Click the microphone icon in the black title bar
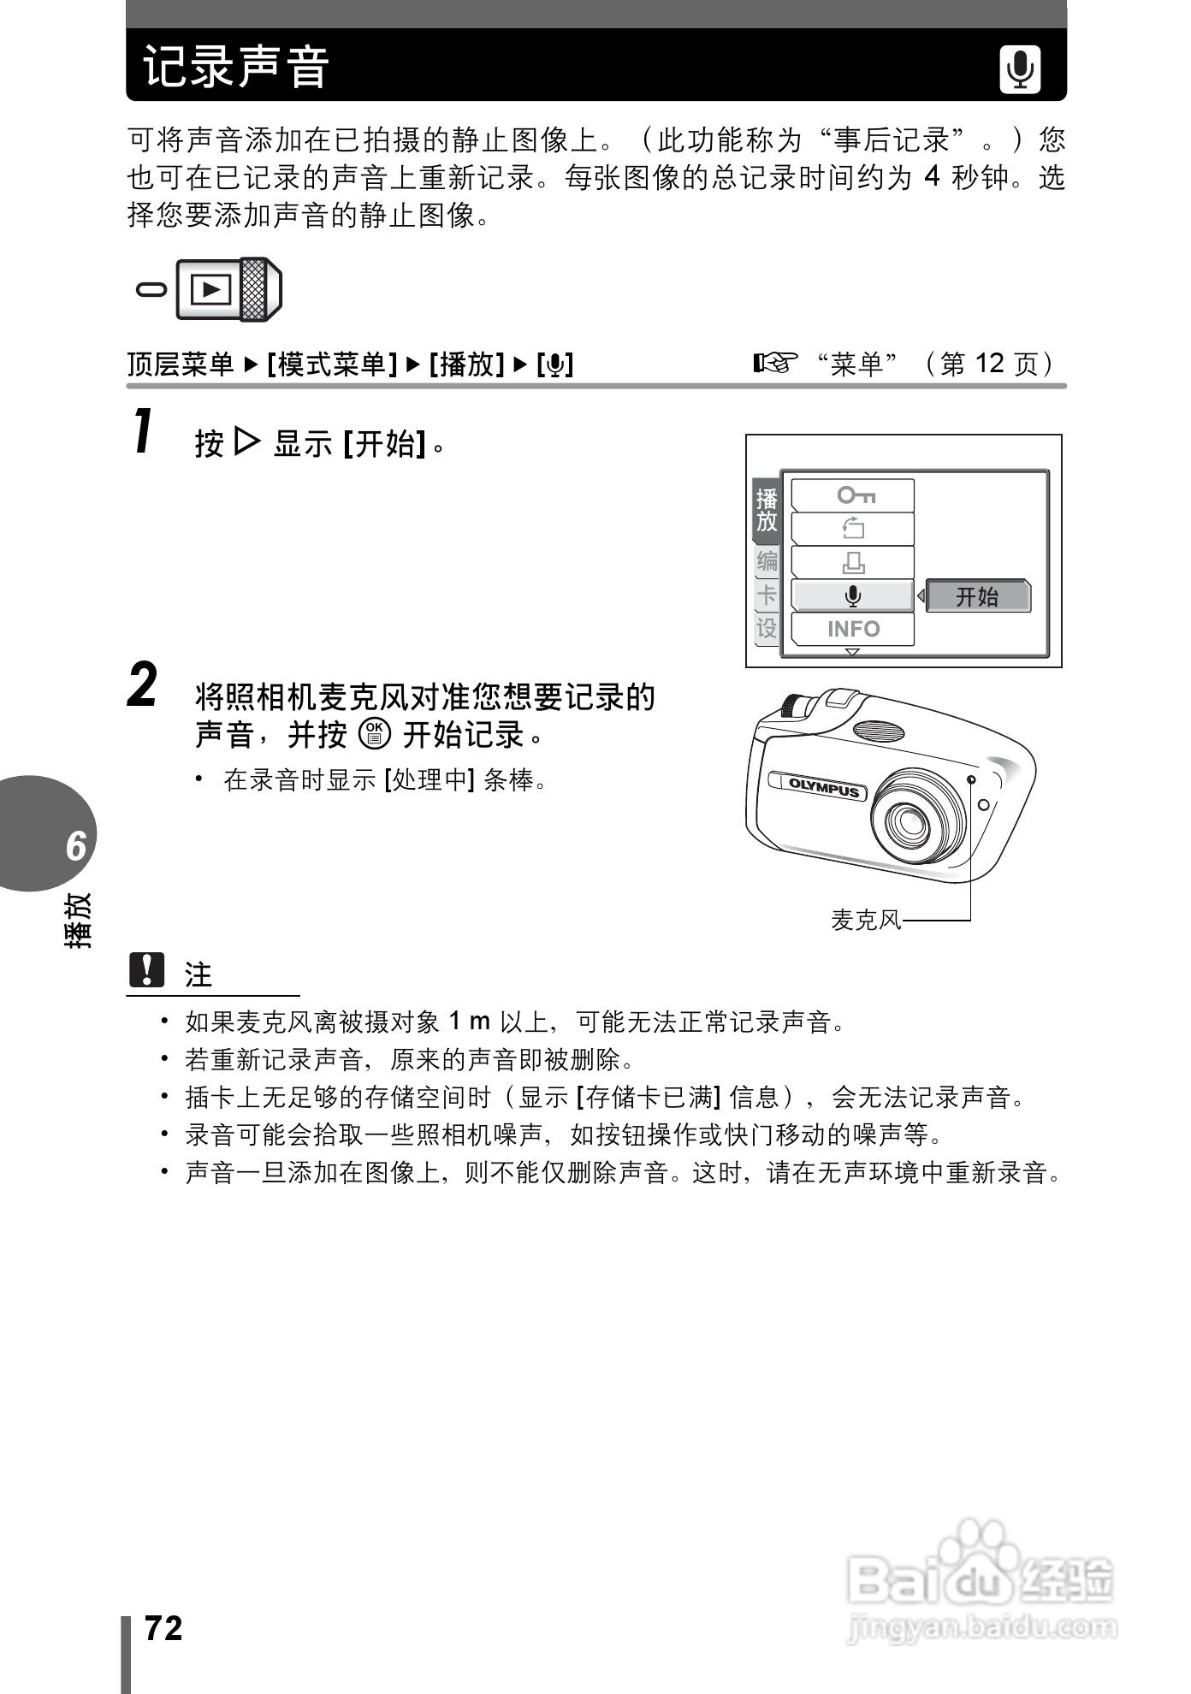click(x=1020, y=68)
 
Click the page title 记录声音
click(x=236, y=67)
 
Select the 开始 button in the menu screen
click(x=978, y=596)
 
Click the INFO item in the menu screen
click(x=852, y=629)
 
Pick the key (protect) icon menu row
click(x=852, y=495)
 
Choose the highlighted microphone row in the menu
click(x=852, y=596)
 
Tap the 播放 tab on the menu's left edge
click(x=766, y=511)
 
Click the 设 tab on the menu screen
click(x=766, y=628)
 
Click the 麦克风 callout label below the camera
click(x=866, y=921)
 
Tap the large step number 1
click(x=144, y=432)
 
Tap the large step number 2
click(x=143, y=686)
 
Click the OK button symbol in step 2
click(x=375, y=734)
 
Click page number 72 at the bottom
click(x=163, y=1628)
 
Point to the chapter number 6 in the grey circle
click(x=75, y=845)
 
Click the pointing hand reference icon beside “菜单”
click(x=774, y=364)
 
